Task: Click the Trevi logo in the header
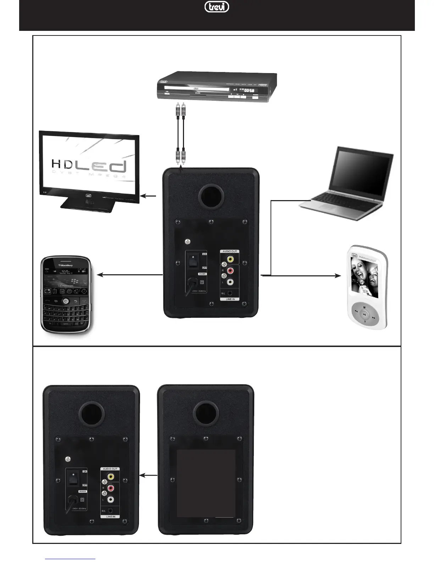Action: pyautogui.click(x=217, y=7)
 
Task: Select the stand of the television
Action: pyautogui.click(x=89, y=205)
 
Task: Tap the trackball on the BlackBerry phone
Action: pyautogui.click(x=66, y=301)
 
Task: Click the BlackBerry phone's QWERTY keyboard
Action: pyautogui.click(x=66, y=316)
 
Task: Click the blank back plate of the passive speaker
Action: pyautogui.click(x=206, y=483)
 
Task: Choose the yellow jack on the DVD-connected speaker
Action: pyautogui.click(x=230, y=260)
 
